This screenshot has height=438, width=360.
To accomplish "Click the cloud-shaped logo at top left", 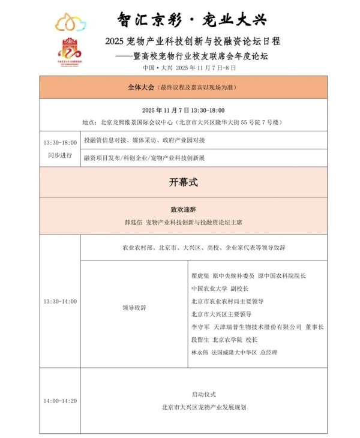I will coord(71,23).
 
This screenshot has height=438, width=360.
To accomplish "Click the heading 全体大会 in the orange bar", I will coord(140,87).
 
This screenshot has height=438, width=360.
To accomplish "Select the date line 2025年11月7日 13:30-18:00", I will coord(184,110).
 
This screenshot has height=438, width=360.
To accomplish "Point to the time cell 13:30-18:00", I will coord(60,143).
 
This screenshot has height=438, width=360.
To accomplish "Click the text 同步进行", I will coord(60,155).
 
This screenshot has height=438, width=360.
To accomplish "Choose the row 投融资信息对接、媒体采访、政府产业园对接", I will coord(144,140).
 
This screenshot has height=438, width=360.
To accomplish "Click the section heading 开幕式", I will coord(184,182).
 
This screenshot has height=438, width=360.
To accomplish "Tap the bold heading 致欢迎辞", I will coord(184,210).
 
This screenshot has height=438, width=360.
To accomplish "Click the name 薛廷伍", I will coord(133,223).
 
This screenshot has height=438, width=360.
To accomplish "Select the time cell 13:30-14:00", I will coord(60,301).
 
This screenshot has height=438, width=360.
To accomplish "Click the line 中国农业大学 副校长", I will coord(220,289).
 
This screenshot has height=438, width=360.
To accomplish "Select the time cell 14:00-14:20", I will coord(60,401).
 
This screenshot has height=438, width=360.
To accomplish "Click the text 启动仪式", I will coord(203,394).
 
